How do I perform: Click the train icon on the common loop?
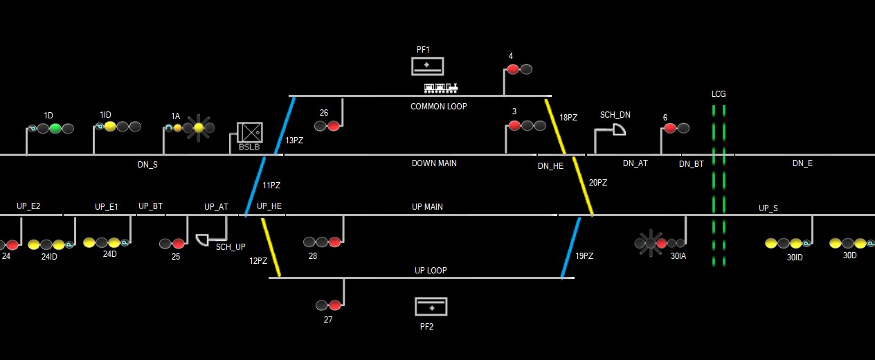click(x=441, y=88)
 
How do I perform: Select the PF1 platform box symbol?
click(x=427, y=66)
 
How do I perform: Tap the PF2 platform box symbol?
click(x=431, y=306)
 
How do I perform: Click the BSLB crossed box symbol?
click(x=249, y=132)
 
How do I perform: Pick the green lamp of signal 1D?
click(x=55, y=128)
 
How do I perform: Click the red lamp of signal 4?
click(x=512, y=69)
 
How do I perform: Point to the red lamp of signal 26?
click(x=334, y=126)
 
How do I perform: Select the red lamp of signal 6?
click(x=669, y=128)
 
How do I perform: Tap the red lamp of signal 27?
click(x=335, y=305)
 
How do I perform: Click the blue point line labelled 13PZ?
click(x=285, y=125)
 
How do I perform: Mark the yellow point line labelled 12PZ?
click(x=271, y=248)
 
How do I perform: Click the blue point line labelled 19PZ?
click(x=571, y=248)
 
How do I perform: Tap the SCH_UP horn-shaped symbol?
click(x=202, y=240)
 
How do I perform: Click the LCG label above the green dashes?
click(x=719, y=94)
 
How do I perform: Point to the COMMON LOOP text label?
click(x=438, y=107)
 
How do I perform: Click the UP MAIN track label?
click(x=427, y=207)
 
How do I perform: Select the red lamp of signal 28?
click(x=335, y=242)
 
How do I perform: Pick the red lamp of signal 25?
click(x=179, y=244)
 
